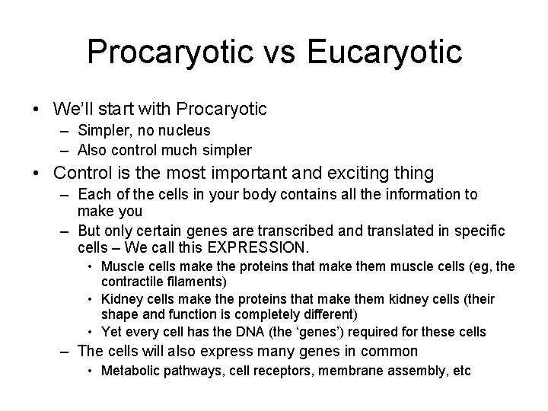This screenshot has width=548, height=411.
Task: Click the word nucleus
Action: point(183,132)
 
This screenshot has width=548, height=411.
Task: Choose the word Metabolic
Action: point(129,371)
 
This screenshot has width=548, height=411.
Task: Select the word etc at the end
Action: point(461,371)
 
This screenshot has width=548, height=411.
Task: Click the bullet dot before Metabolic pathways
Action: point(91,371)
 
